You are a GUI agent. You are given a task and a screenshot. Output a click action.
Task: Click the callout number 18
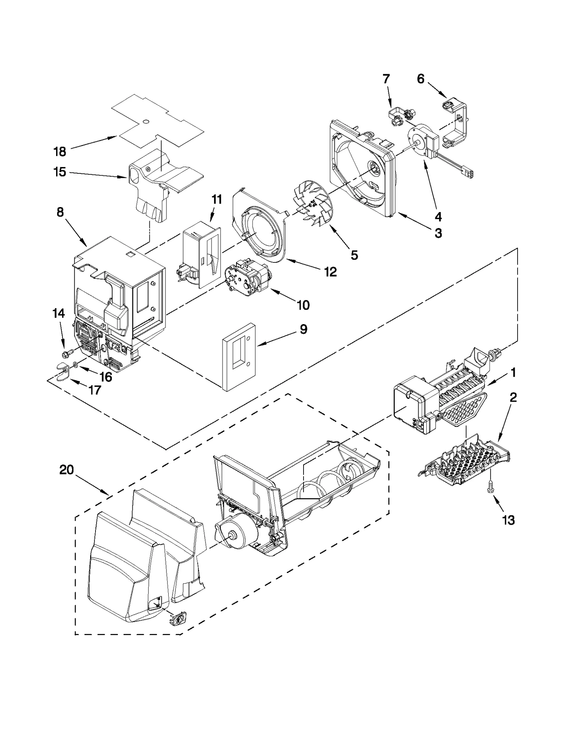tap(60, 152)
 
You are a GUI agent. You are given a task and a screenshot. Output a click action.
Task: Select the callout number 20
tap(66, 470)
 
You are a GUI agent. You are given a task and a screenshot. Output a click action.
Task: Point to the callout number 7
tap(386, 79)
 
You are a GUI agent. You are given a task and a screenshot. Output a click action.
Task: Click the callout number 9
tap(303, 329)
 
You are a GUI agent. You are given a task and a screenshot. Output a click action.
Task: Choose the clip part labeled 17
tap(62, 371)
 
